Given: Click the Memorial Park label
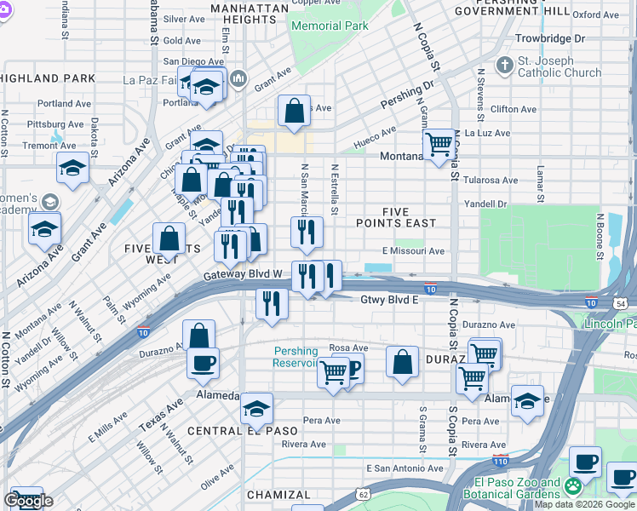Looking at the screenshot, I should click(x=330, y=26).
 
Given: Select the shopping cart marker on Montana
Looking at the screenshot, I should click(x=439, y=145).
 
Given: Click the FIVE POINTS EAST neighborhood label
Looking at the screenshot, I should click(x=396, y=217).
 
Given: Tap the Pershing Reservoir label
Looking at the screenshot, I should click(x=296, y=357).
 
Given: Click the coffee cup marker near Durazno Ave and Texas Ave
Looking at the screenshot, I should click(x=203, y=363).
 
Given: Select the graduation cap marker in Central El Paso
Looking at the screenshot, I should click(x=256, y=409).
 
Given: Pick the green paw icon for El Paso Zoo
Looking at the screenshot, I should click(x=573, y=486).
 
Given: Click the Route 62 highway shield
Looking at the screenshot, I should click(x=363, y=493).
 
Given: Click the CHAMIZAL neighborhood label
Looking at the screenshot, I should click(x=278, y=495).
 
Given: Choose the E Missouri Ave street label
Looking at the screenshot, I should click(x=413, y=251).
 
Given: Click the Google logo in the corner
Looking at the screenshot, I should click(x=28, y=501).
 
